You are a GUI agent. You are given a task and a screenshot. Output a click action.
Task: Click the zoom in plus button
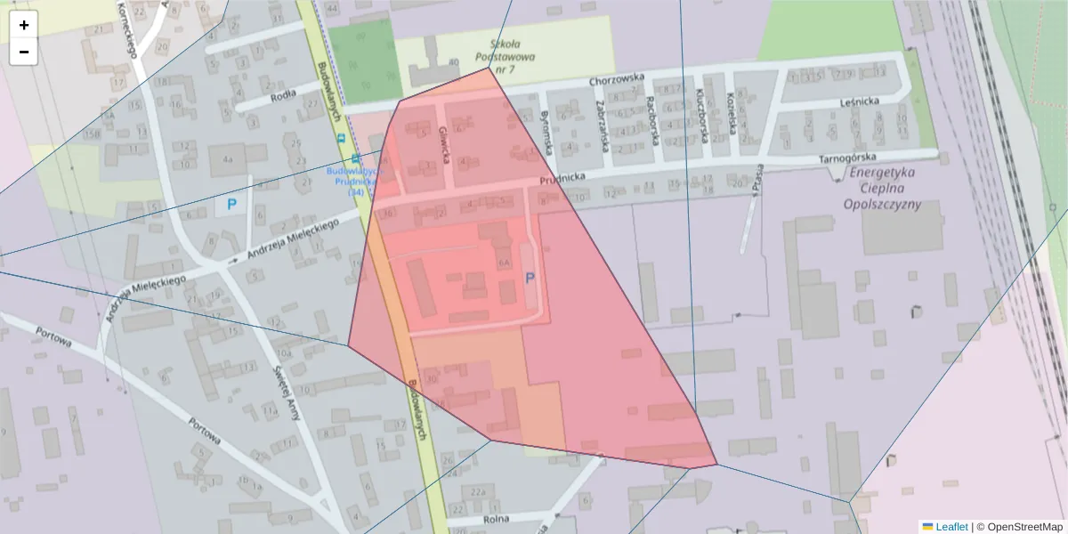point(24,25)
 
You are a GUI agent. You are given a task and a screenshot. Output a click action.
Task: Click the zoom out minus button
point(24,52)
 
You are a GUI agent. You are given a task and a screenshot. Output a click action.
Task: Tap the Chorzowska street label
point(616,80)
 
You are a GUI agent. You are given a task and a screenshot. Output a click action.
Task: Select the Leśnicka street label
point(859,101)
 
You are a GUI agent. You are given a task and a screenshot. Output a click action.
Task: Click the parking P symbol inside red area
point(530,279)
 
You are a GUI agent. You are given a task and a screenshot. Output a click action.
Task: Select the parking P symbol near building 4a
point(231,205)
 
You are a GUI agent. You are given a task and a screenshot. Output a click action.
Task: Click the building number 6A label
point(504,263)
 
